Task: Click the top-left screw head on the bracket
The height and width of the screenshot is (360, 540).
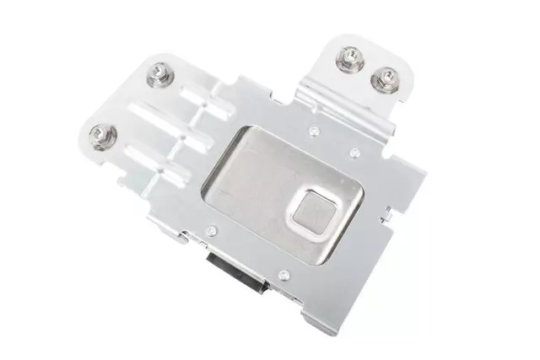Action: click(158, 75)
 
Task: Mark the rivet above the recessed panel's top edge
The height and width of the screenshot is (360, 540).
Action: click(313, 131)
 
